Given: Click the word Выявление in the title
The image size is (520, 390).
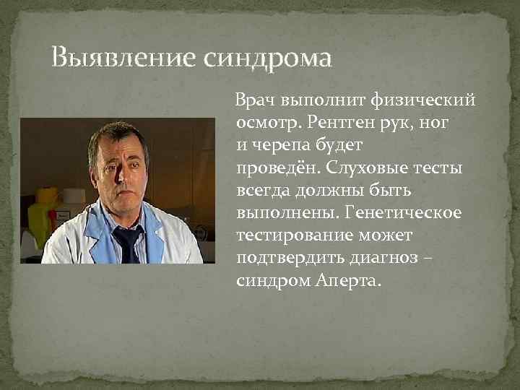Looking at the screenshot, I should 121,57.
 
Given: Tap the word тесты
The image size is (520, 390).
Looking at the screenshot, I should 442,168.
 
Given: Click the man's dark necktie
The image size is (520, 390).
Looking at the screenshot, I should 128,242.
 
